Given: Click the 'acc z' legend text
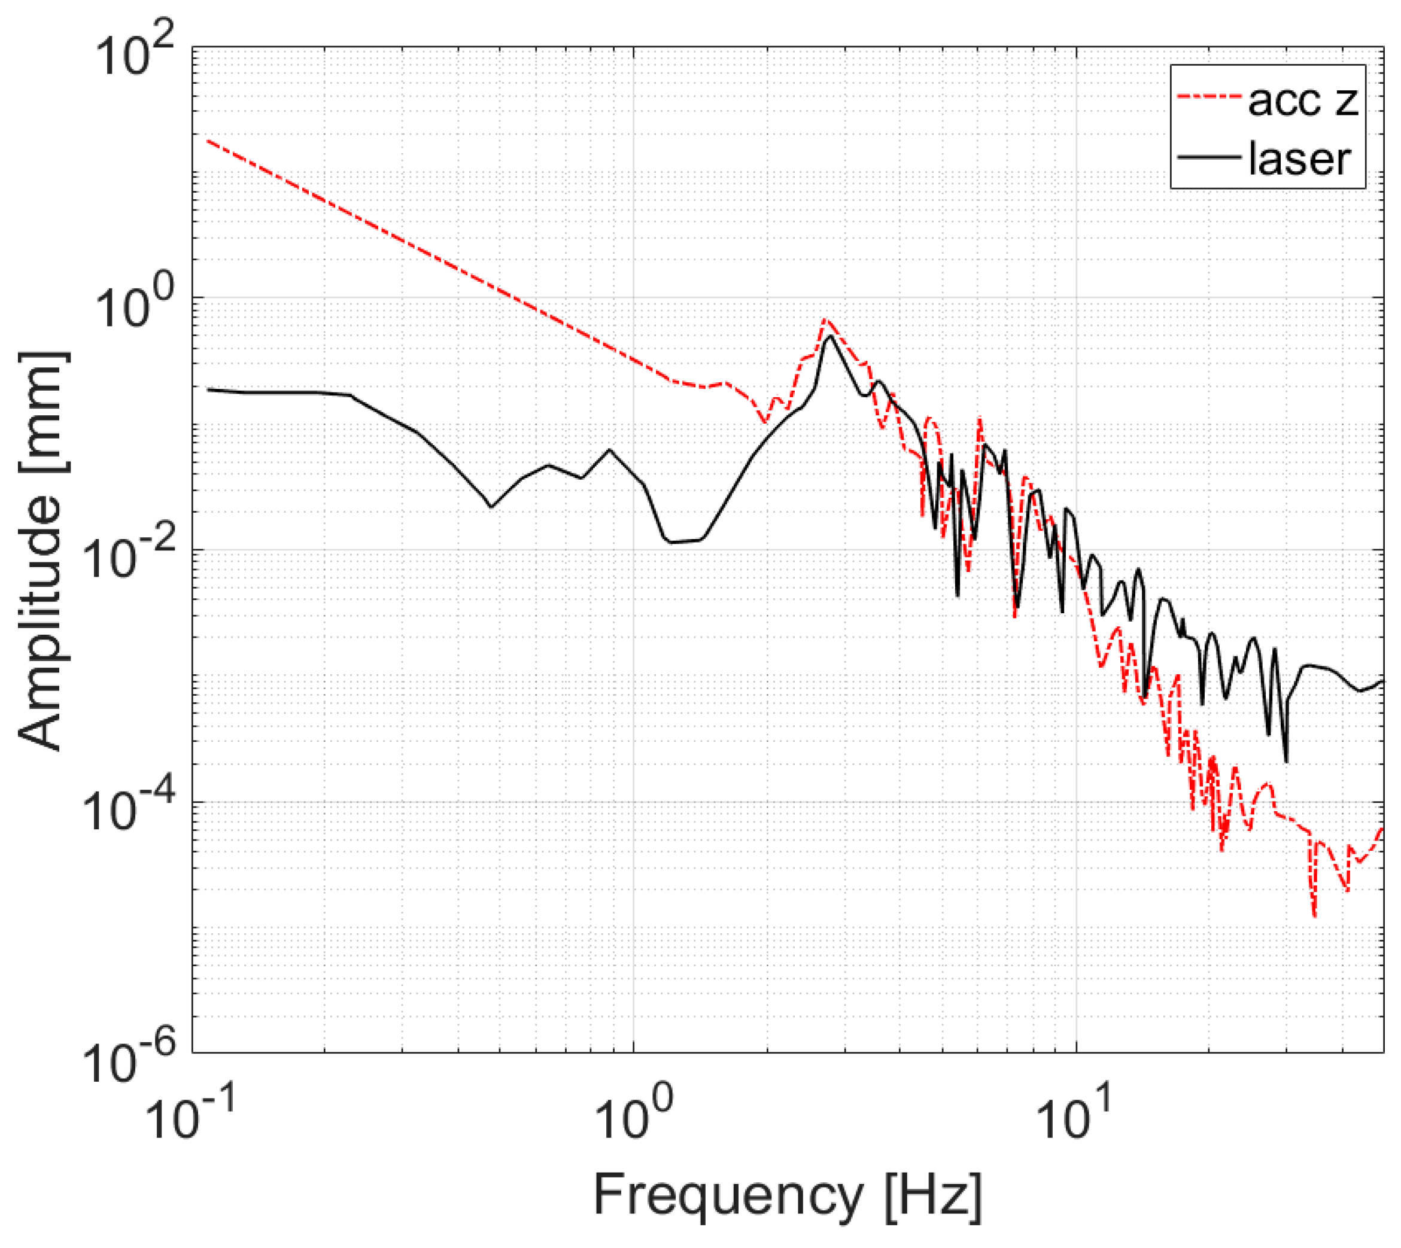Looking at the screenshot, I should click(1302, 101).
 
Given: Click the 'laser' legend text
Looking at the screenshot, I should click(1299, 159).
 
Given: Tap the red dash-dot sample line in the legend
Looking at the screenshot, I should click(1210, 99).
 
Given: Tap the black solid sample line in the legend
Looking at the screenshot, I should click(1210, 156).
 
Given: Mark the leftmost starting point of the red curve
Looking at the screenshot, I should click(208, 140).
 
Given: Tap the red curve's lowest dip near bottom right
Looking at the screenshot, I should click(1314, 916).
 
